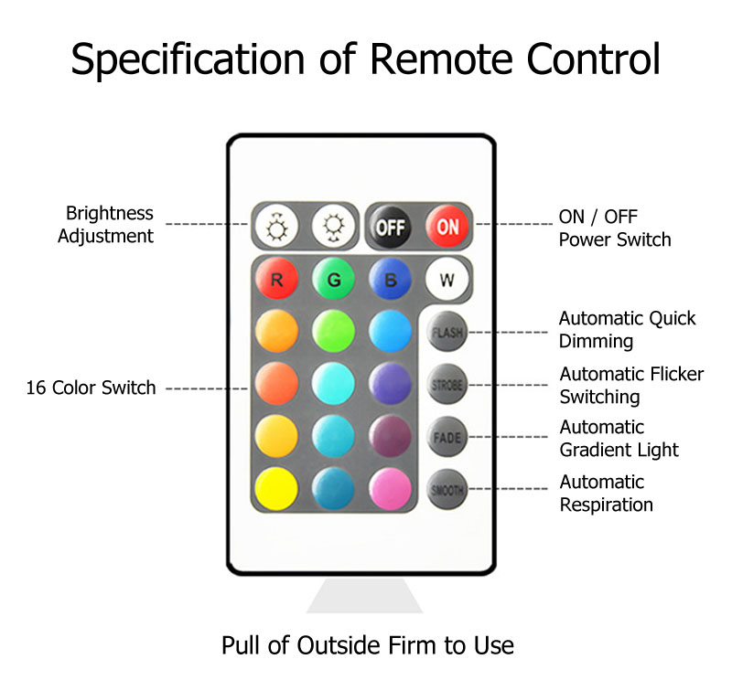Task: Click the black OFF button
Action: pyautogui.click(x=390, y=226)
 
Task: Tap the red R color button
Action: pyautogui.click(x=276, y=280)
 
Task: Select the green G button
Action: pyautogui.click(x=334, y=280)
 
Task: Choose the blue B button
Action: pyautogui.click(x=391, y=280)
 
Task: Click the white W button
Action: pyautogui.click(x=447, y=280)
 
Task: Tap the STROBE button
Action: pyautogui.click(x=447, y=386)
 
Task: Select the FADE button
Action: pyautogui.click(x=447, y=438)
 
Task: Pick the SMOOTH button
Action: pyautogui.click(x=447, y=490)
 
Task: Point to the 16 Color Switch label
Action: pyautogui.click(x=91, y=388)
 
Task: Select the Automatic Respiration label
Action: pyautogui.click(x=606, y=494)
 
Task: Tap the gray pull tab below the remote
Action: pyautogui.click(x=364, y=595)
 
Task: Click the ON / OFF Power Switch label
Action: pyautogui.click(x=614, y=229)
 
